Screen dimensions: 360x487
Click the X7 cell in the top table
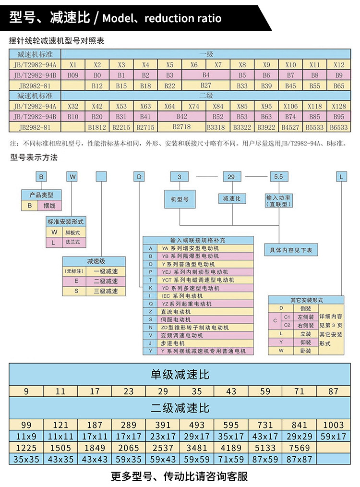(218, 65)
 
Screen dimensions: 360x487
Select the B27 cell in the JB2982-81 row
(206, 85)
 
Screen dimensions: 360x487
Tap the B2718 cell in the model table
(182, 127)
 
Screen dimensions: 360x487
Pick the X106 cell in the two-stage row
(290, 106)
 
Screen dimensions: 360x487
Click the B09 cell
(73, 75)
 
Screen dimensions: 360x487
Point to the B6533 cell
(339, 127)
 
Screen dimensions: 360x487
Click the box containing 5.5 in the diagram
(279, 177)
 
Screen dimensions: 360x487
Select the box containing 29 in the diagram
(232, 177)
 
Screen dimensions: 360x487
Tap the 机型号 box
(180, 199)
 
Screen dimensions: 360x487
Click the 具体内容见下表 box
(291, 250)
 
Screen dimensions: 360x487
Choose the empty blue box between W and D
(101, 176)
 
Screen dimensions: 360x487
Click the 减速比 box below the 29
(232, 198)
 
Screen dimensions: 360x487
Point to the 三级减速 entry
(106, 291)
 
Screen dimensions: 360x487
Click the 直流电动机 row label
(176, 312)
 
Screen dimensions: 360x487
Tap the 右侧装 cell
(306, 325)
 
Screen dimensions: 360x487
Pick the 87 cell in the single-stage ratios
(333, 391)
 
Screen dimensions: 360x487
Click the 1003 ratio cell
(333, 425)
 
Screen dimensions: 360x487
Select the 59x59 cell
(197, 459)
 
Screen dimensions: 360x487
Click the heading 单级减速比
(180, 375)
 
